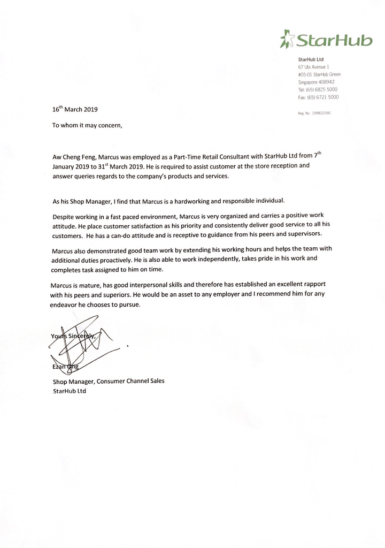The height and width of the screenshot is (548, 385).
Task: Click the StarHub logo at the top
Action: [326, 39]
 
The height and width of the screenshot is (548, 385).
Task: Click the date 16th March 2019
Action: [75, 109]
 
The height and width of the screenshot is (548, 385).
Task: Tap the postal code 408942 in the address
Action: [326, 82]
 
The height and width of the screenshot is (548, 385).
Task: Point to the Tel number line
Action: [318, 90]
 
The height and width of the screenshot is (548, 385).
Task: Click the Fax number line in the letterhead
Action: [318, 97]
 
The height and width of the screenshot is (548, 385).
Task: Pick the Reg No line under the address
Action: [314, 113]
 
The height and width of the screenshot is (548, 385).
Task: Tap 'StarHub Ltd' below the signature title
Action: [69, 391]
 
